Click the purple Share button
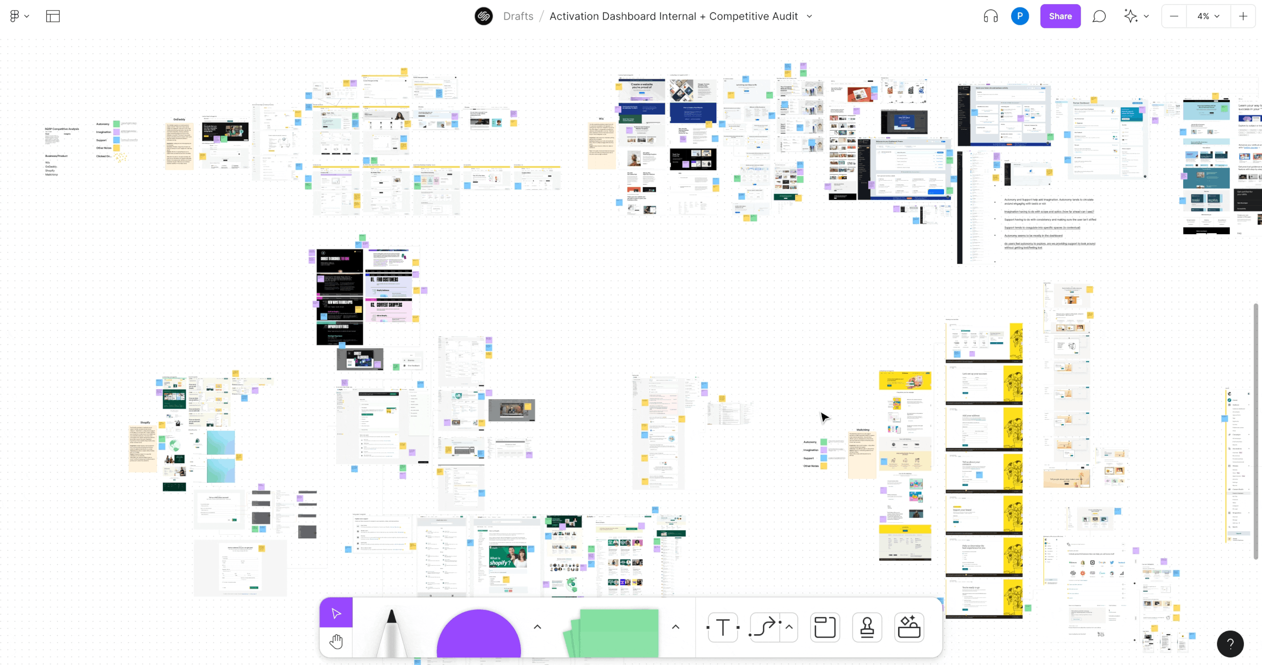pos(1060,16)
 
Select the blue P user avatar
pos(1020,16)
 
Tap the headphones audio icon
pos(990,16)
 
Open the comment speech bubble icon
pos(1099,16)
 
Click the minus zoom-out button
pos(1174,16)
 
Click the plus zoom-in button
pos(1243,16)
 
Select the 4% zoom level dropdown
pos(1208,16)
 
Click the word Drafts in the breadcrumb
pos(518,16)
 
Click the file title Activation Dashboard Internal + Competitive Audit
pos(673,16)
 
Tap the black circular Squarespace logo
pos(484,16)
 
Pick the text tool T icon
pos(723,628)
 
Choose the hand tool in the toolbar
pos(336,642)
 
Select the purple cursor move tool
pos(336,613)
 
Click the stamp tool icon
pos(867,628)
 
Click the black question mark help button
pos(1230,644)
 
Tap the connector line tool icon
pos(764,628)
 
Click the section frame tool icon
pos(825,628)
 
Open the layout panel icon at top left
pos(53,16)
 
